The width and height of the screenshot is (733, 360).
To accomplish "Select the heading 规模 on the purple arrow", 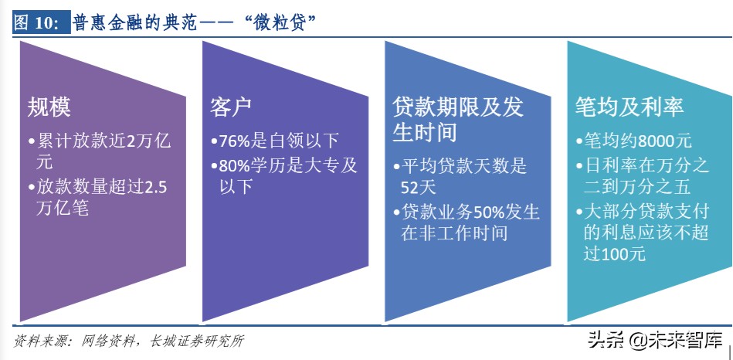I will click(49, 107).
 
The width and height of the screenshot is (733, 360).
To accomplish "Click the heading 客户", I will click(231, 107).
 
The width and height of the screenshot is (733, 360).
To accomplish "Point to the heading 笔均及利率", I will click(629, 107).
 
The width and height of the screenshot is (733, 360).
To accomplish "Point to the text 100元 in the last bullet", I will click(626, 254).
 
